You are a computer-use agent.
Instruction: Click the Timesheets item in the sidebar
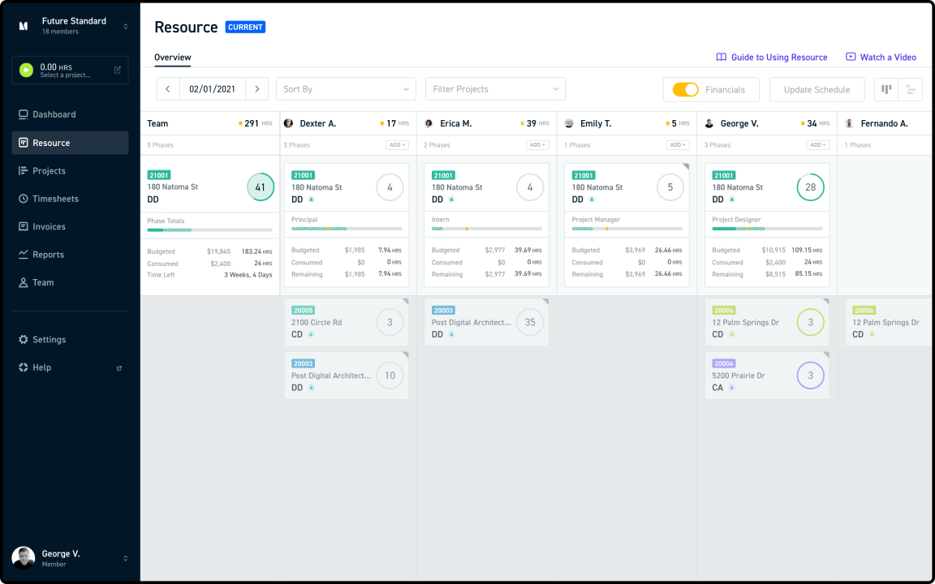(55, 199)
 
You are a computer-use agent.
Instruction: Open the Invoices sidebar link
(49, 227)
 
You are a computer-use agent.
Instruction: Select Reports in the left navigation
(48, 255)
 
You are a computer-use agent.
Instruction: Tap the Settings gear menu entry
(49, 340)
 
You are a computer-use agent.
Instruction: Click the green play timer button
(26, 71)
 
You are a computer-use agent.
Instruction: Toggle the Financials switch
(686, 89)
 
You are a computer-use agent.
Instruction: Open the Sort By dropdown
(346, 89)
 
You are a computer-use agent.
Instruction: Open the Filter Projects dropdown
(495, 89)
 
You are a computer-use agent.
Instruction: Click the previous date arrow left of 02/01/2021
(168, 89)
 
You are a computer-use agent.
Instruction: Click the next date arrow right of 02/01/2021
(256, 89)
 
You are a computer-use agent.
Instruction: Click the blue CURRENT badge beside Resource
(245, 27)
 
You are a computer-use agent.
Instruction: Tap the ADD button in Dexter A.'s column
(397, 145)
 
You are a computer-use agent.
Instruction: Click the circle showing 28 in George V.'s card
(810, 187)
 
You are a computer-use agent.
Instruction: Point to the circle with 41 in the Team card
(261, 187)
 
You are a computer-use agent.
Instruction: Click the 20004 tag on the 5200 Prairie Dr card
(723, 363)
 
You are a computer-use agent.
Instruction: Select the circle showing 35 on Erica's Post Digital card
(530, 322)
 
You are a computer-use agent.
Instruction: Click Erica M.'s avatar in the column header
(429, 123)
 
